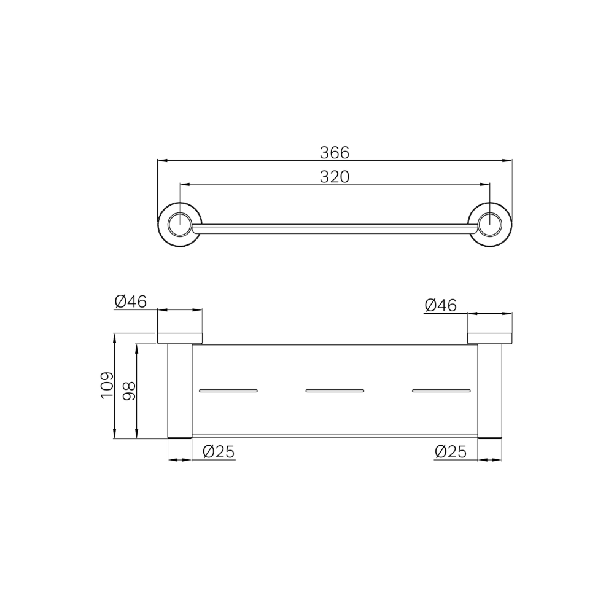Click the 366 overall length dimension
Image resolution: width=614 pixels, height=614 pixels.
click(x=335, y=152)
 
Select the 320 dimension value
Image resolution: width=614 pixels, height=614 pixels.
click(x=335, y=176)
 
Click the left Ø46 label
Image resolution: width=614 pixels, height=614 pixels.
click(x=130, y=301)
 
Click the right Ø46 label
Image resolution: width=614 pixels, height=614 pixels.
click(x=440, y=305)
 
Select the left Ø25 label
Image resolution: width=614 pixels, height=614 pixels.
click(x=218, y=452)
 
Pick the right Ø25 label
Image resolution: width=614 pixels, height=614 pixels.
click(x=451, y=452)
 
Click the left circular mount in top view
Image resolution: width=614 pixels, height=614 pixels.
click(x=179, y=225)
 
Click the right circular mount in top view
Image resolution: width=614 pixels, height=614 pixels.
click(x=490, y=225)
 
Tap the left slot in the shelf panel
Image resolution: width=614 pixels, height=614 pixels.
click(x=228, y=390)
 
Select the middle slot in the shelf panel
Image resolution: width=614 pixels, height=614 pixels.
click(x=335, y=390)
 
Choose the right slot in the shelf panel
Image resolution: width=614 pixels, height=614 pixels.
click(x=441, y=390)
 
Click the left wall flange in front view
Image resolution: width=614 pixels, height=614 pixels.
click(x=180, y=337)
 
